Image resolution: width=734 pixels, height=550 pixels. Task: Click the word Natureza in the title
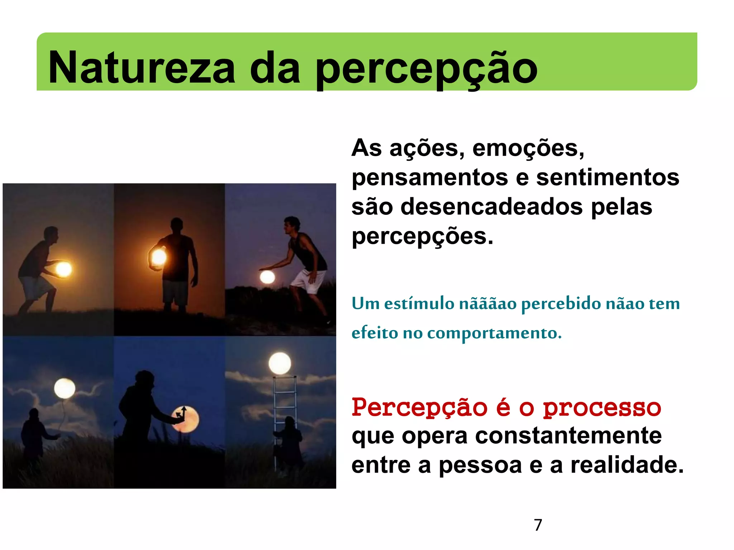click(142, 68)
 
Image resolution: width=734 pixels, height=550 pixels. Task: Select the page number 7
click(538, 525)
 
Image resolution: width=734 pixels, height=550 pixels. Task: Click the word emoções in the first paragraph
click(528, 148)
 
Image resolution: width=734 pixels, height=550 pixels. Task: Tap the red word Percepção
click(420, 408)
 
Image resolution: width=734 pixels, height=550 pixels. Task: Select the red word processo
click(602, 408)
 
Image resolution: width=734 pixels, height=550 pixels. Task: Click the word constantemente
click(568, 436)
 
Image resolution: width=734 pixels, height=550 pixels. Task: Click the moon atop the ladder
click(280, 363)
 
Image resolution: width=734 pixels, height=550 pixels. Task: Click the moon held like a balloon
click(65, 389)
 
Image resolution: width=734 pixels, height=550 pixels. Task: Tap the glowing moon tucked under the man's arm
click(158, 257)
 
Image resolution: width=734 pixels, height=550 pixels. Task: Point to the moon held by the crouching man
click(64, 269)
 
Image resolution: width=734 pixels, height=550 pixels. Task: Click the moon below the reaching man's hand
click(267, 277)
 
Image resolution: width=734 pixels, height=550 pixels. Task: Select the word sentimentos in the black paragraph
click(607, 178)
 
